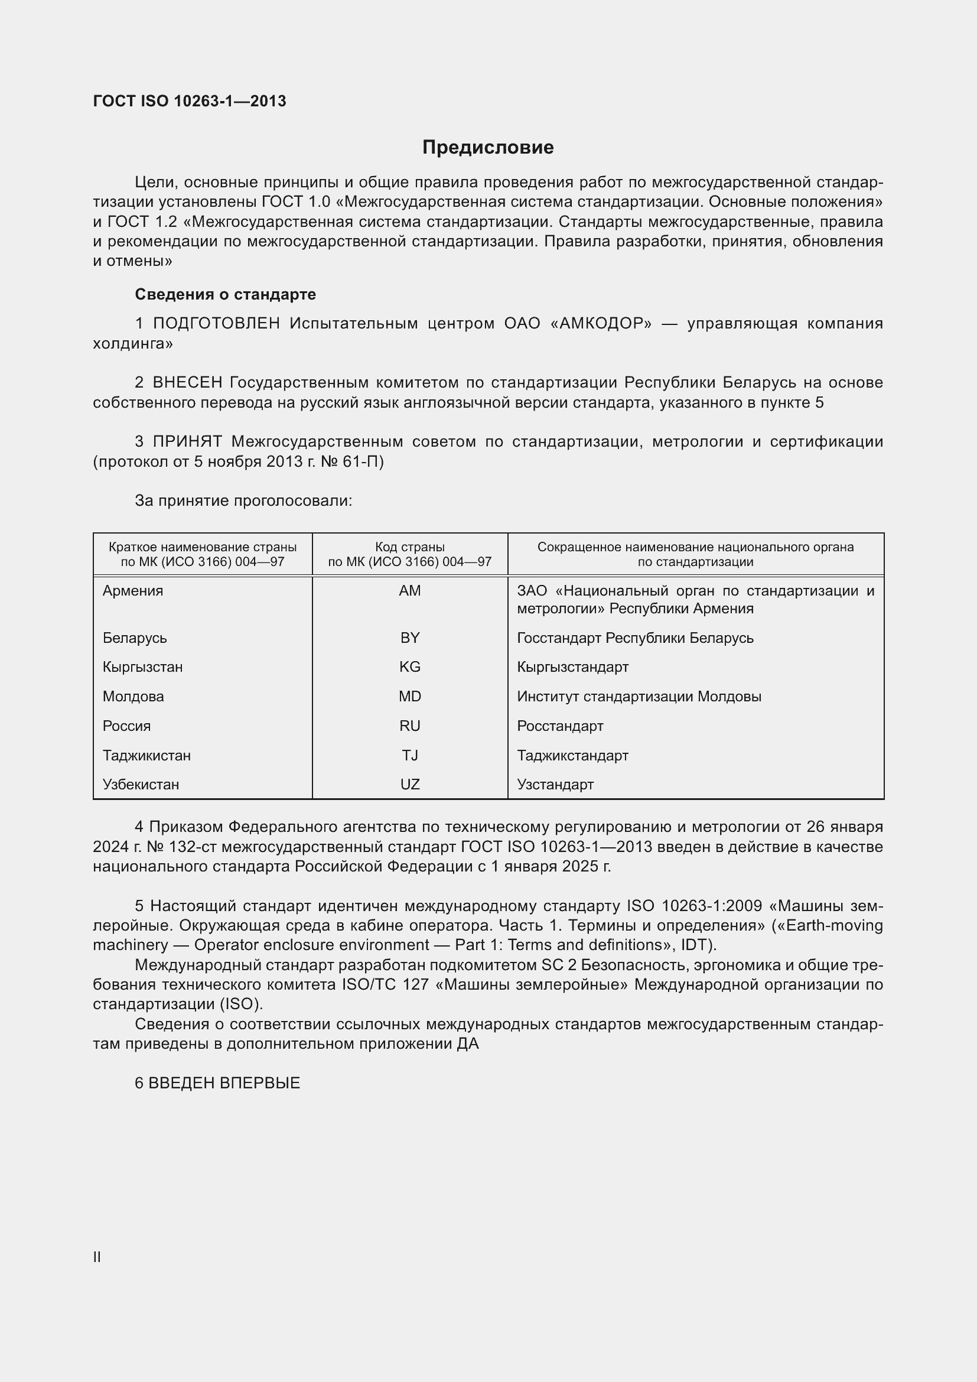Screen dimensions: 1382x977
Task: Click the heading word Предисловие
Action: tap(488, 148)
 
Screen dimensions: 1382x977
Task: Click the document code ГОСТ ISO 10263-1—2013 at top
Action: tap(190, 101)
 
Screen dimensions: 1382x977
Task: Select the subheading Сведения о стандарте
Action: tap(225, 294)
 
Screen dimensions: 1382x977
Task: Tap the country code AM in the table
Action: tap(410, 590)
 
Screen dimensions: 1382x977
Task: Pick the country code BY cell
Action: tap(410, 638)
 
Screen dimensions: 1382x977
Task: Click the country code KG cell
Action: tap(410, 667)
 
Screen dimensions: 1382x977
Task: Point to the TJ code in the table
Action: tap(410, 755)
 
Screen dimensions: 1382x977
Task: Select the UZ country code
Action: tap(410, 784)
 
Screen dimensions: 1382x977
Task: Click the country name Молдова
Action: tap(133, 697)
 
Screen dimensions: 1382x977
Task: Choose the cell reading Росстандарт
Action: tap(560, 726)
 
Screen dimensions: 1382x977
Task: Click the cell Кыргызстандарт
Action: tap(573, 667)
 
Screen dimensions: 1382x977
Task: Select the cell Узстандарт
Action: tap(555, 784)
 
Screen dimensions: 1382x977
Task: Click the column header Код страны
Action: tap(410, 547)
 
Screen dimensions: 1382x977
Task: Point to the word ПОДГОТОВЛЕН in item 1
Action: tap(217, 324)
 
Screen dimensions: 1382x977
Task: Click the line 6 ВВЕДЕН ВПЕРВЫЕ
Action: tap(217, 1084)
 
